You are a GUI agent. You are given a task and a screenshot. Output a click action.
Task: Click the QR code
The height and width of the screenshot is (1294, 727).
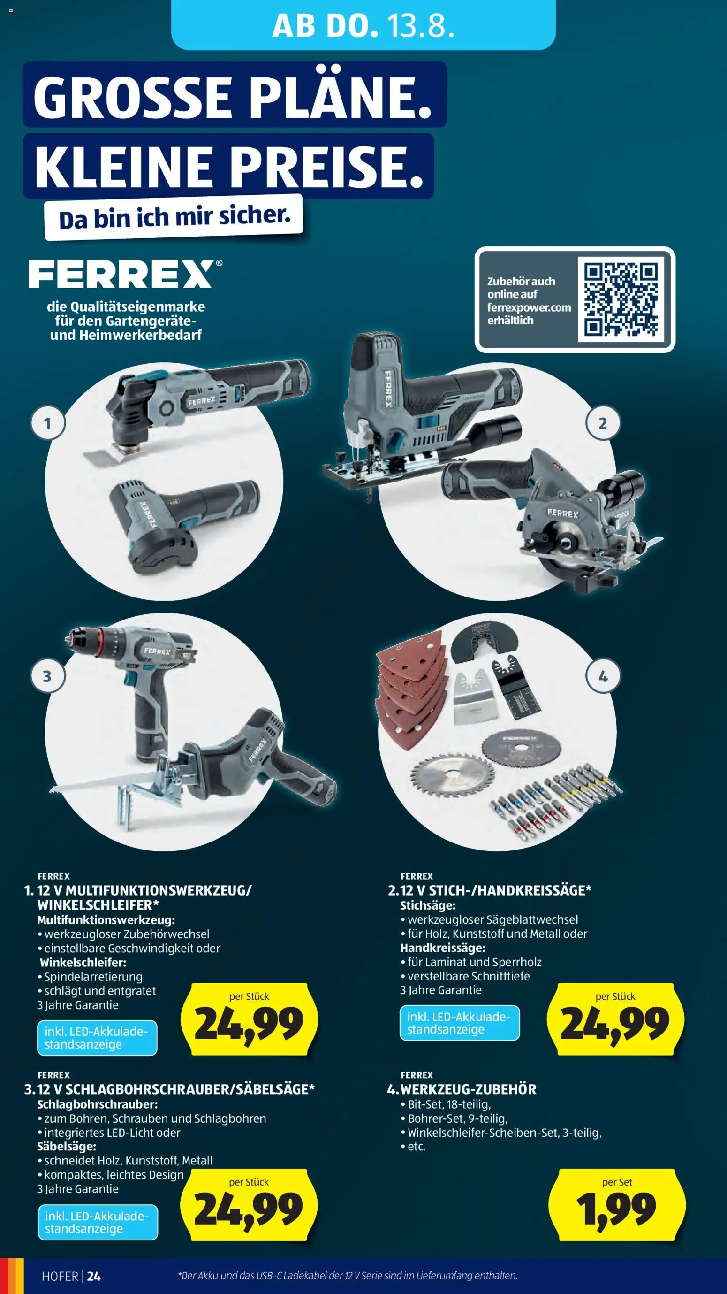point(621,299)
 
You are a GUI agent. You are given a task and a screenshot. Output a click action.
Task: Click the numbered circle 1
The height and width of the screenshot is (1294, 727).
point(48,423)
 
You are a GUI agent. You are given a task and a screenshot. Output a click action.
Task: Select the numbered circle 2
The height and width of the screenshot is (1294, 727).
point(603,423)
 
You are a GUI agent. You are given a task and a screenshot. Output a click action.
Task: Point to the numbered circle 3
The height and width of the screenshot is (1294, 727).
point(48,676)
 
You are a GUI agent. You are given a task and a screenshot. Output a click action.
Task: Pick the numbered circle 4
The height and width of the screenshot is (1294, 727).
point(603,676)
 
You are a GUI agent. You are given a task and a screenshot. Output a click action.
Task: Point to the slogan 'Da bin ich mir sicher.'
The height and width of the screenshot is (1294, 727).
point(174,217)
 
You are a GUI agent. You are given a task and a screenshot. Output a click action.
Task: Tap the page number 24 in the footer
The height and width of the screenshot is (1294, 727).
point(94,1276)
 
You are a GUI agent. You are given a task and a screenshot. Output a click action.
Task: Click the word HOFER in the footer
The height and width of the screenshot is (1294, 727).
point(60,1276)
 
